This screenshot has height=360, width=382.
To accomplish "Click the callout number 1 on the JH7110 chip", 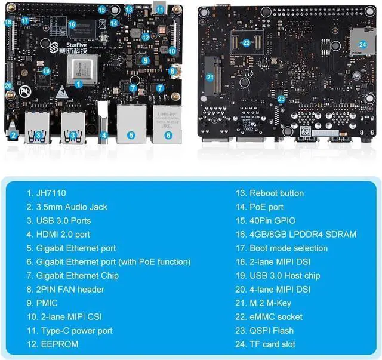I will (x=79, y=84).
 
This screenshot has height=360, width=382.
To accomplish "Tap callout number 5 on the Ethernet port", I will (x=131, y=135).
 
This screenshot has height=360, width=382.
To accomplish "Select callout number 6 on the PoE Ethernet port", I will (x=168, y=135).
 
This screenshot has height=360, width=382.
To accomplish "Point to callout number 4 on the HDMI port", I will (x=104, y=135).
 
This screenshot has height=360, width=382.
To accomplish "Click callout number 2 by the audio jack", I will (x=13, y=135).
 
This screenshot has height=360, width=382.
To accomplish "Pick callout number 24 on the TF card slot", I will (x=362, y=44).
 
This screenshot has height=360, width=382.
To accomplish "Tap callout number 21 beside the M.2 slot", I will (x=210, y=77).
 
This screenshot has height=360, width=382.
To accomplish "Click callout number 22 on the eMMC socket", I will (x=247, y=43).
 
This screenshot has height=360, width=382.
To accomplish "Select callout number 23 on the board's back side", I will (x=281, y=99).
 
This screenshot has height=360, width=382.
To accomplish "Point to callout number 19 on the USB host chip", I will (x=47, y=71).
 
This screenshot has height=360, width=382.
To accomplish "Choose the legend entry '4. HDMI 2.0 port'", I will (x=66, y=234).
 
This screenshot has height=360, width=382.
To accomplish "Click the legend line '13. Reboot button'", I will (x=268, y=193).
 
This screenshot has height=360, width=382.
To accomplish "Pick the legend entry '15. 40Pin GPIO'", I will (x=264, y=220).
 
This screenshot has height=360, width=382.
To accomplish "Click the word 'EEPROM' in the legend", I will (x=61, y=344).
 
